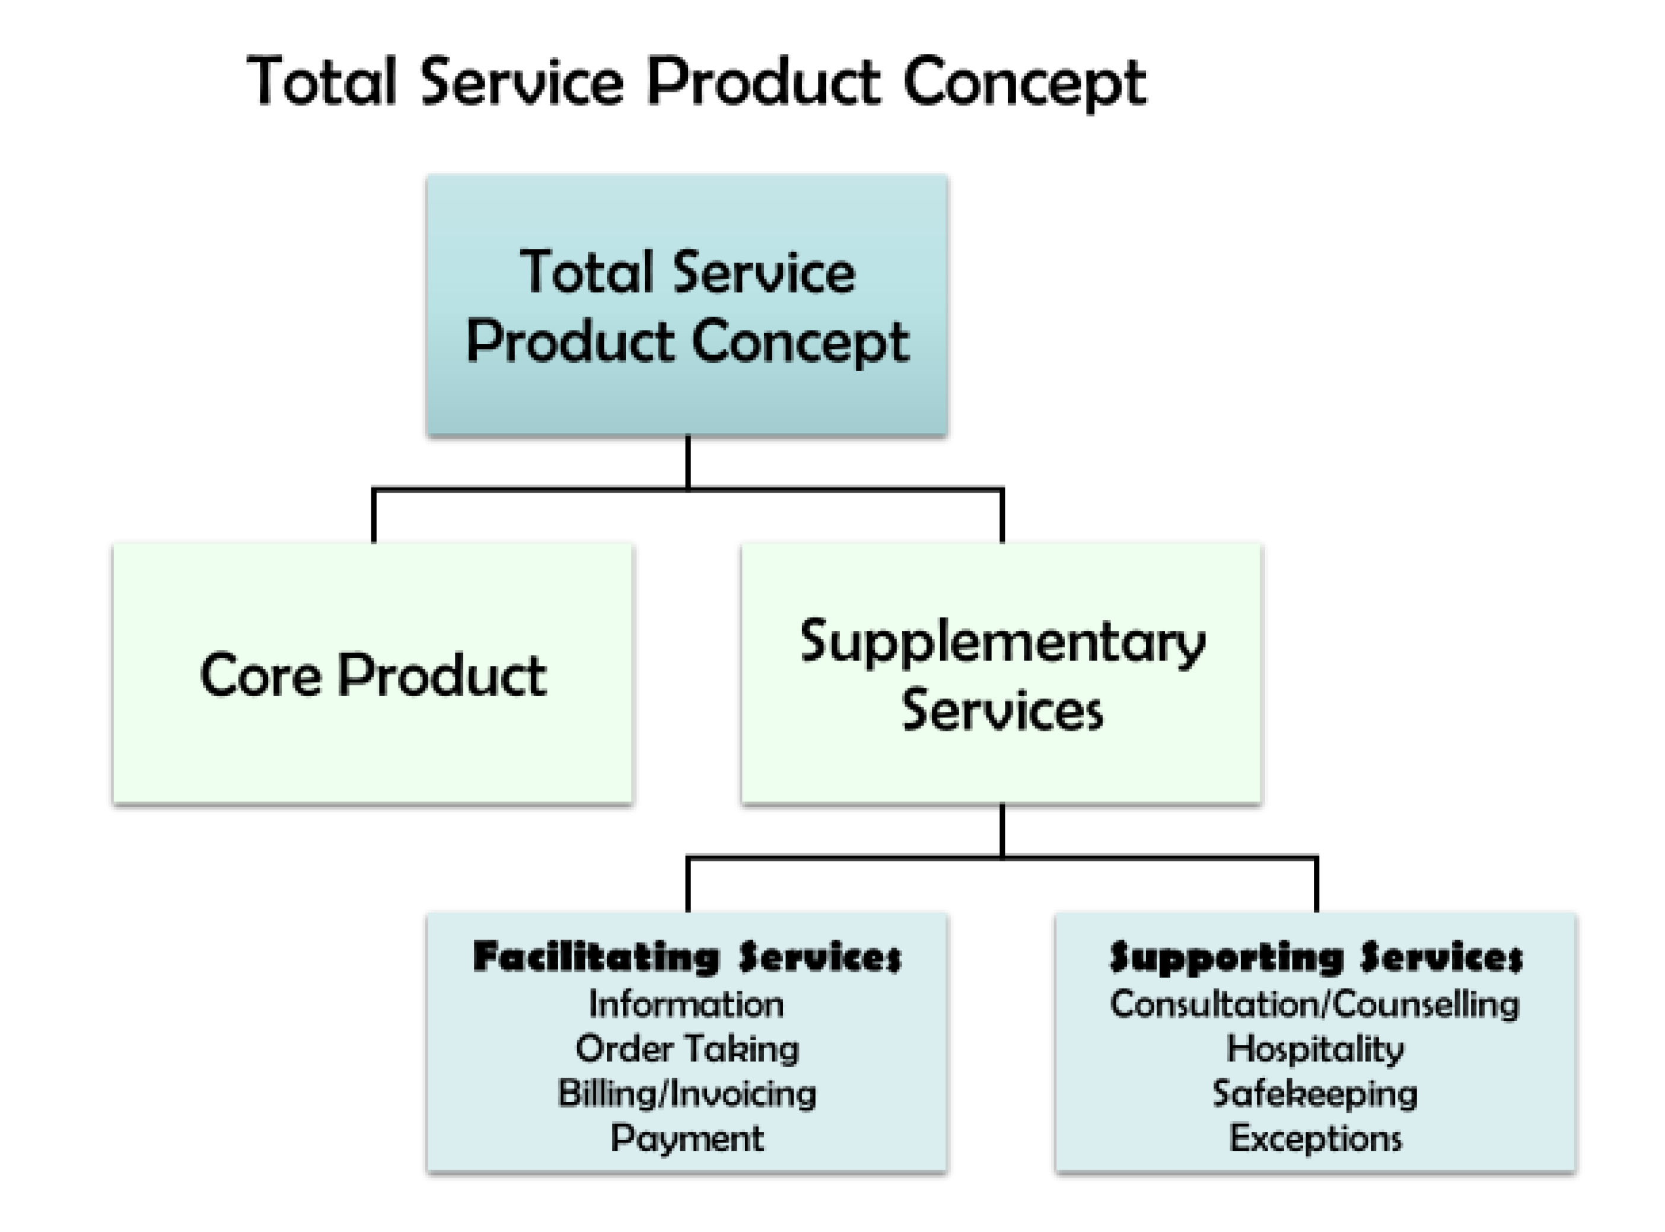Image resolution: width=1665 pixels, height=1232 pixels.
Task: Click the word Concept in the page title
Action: tap(1023, 82)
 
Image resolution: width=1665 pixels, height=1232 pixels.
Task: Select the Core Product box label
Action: tap(373, 675)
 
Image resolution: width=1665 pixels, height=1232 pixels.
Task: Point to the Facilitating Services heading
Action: tap(687, 957)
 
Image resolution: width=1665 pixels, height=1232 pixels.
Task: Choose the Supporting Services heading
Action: tap(1316, 957)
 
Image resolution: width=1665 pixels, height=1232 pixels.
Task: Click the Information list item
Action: tap(686, 1004)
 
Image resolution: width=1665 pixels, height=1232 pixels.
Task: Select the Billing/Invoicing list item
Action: tap(687, 1093)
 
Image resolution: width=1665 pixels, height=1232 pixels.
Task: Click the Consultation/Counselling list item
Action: tap(1315, 1004)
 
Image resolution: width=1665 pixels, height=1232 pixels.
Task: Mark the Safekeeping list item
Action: tap(1315, 1093)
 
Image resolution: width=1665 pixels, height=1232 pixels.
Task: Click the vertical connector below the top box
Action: tap(688, 462)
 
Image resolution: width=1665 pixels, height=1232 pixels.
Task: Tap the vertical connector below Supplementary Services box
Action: tap(1002, 831)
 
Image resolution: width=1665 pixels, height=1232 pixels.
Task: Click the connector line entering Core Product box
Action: tap(374, 516)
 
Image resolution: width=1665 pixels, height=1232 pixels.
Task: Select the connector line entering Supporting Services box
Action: tap(1317, 885)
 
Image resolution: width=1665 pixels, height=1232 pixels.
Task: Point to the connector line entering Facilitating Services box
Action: tap(688, 885)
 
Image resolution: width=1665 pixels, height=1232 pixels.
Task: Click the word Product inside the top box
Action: tap(571, 341)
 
